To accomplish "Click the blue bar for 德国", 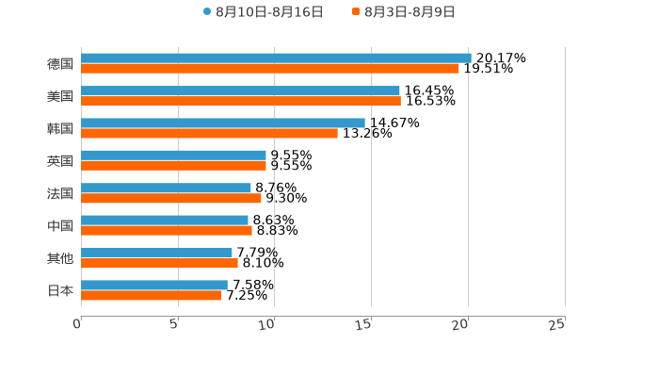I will click(x=276, y=58).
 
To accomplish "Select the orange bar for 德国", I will click(x=270, y=69).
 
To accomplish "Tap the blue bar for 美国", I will click(x=240, y=90).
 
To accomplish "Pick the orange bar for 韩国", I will click(x=209, y=133).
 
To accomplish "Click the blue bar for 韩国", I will click(x=223, y=123).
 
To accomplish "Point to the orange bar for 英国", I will click(x=173, y=166).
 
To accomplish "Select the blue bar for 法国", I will click(x=166, y=188).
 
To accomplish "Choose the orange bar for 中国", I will click(x=167, y=230).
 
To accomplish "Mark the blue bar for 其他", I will click(x=156, y=253).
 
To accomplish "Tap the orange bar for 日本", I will click(x=152, y=295).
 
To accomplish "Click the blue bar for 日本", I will click(x=154, y=285).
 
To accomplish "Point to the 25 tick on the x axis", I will click(x=557, y=324).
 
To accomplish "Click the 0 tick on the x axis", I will click(x=77, y=324).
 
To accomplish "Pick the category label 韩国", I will click(x=60, y=128).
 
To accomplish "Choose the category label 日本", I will click(x=60, y=290).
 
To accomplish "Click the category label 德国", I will click(x=60, y=64).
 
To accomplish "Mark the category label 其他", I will click(x=60, y=258).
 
